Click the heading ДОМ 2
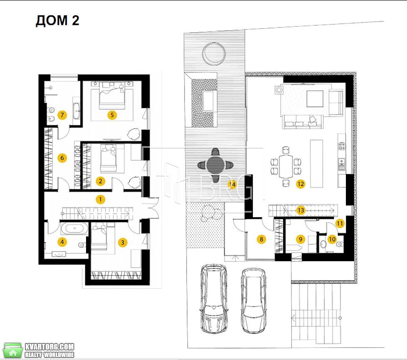[x=57, y=20]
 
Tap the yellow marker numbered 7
[x=62, y=115]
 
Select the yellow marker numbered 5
[x=112, y=115]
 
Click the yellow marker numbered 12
[x=301, y=184]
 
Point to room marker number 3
[x=123, y=242]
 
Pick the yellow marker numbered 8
[x=261, y=239]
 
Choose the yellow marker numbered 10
[x=332, y=239]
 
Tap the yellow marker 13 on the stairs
[x=301, y=210]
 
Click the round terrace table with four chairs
[x=215, y=165]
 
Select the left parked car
[x=214, y=299]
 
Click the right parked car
[x=253, y=300]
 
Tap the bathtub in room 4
[x=74, y=228]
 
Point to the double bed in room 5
[x=112, y=96]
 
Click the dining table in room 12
[x=286, y=166]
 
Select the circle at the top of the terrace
[x=214, y=54]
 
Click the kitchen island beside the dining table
[x=317, y=163]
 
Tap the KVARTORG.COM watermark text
[x=49, y=347]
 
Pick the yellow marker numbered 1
[x=101, y=199]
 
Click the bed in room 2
[x=109, y=159]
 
